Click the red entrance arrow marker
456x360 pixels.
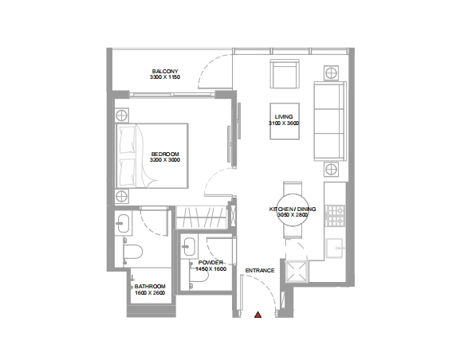257,315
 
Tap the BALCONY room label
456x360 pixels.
165,71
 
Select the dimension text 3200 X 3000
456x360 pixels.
165,160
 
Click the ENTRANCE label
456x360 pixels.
260,271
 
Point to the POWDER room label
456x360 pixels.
210,263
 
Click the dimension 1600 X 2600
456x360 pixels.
150,292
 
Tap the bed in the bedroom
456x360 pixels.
151,156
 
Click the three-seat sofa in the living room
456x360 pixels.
330,121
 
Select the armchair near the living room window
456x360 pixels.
285,73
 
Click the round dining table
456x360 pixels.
293,209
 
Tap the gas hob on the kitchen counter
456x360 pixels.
335,216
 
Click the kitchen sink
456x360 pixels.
335,248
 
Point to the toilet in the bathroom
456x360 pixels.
132,252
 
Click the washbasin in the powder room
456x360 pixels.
189,247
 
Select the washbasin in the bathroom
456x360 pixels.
124,224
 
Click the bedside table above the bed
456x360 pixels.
121,115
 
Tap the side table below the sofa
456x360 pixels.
331,170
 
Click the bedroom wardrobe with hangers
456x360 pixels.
201,217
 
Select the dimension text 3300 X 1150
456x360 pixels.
165,77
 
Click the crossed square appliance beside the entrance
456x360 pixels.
297,272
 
